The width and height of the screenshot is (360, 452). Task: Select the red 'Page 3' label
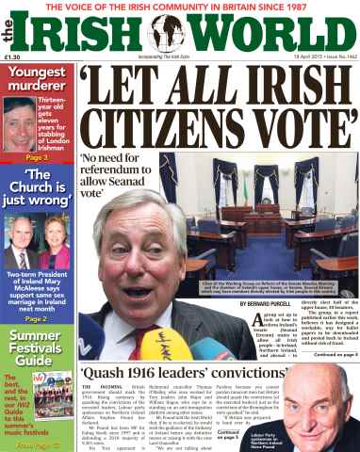click(x=35, y=157)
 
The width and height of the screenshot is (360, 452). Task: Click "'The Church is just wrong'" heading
click(x=35, y=188)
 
